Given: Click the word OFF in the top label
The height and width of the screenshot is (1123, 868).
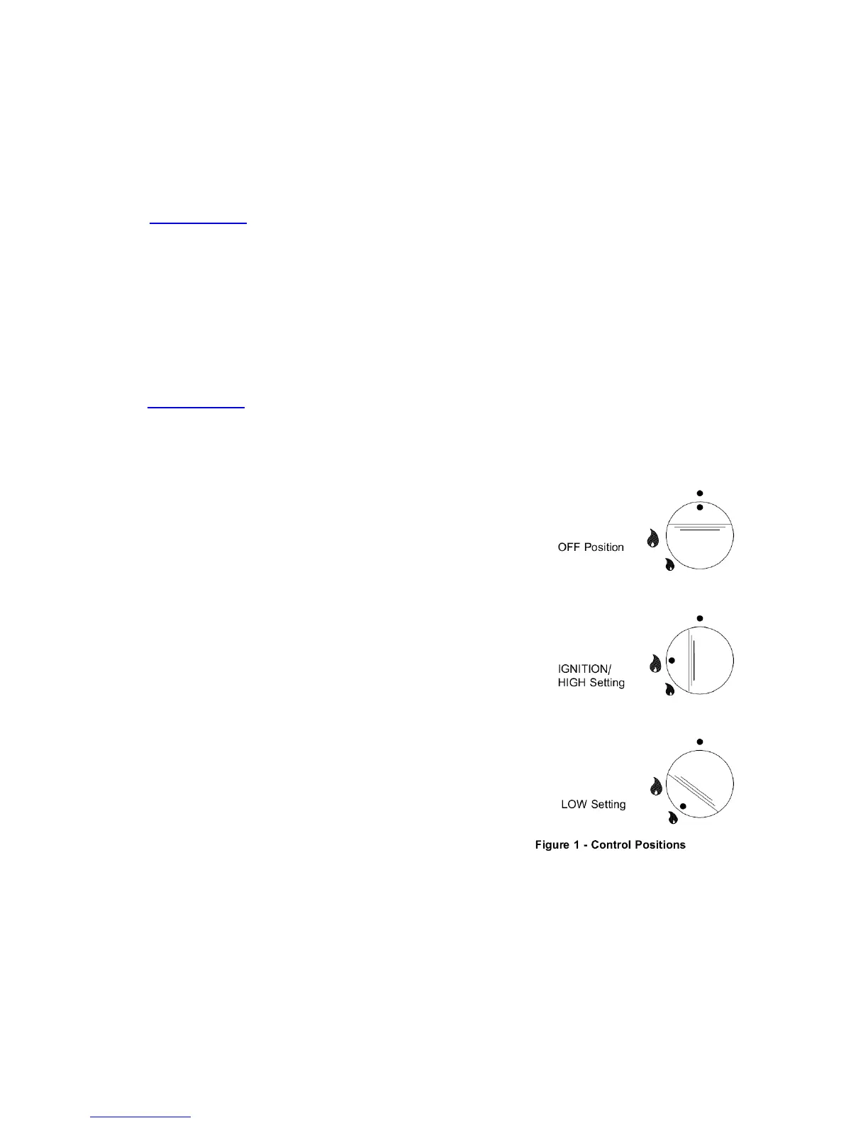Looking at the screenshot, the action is point(569,547).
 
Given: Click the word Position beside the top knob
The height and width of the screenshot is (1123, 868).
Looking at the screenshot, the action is point(603,547).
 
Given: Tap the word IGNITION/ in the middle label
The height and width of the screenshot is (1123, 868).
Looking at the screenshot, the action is point(584,669).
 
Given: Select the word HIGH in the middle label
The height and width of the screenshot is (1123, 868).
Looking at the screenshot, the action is point(572,683).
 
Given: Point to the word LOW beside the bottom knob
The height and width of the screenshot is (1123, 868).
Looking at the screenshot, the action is point(574,805).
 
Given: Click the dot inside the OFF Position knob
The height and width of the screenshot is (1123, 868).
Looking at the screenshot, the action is point(700,508).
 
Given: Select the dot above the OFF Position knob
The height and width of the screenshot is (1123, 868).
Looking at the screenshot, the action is point(700,493).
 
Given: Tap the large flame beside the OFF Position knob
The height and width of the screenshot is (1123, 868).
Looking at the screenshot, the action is point(653,539).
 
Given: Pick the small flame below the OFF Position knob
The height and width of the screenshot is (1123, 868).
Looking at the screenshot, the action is point(669,565).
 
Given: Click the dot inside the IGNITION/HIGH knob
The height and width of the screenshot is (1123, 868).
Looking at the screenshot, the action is point(672,660).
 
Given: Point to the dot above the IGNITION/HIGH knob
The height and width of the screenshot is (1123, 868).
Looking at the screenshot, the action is point(700,618).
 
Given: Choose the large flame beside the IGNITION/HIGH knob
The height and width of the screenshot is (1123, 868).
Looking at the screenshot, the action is point(656,664).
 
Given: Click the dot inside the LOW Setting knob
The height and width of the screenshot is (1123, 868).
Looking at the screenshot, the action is point(683,807).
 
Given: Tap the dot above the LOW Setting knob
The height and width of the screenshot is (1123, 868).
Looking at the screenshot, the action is point(700,742).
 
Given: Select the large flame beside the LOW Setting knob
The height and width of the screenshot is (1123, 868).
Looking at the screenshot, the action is point(656,786).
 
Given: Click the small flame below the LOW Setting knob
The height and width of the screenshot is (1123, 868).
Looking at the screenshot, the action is point(672,818).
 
